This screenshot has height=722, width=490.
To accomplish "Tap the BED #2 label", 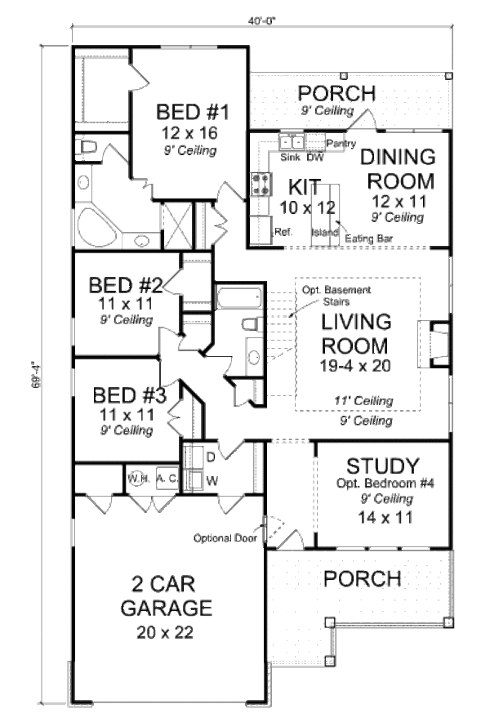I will (126, 286).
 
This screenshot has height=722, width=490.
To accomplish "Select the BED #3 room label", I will (130, 396).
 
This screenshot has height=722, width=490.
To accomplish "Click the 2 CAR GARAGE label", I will (167, 596).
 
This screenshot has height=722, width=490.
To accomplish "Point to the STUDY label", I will (383, 466).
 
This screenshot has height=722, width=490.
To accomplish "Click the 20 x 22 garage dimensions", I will (166, 631).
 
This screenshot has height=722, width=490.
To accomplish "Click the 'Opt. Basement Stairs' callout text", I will (336, 296).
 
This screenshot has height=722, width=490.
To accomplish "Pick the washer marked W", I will (197, 479).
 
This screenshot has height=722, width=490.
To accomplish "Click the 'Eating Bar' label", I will (364, 238).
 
